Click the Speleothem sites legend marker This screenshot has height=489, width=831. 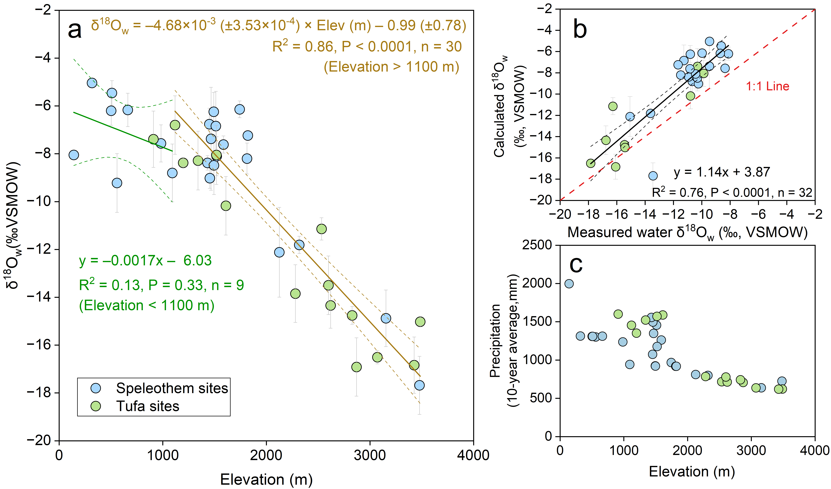tap(96, 388)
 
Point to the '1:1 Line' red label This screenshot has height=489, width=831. tap(767, 86)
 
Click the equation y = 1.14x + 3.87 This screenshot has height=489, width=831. tap(722, 172)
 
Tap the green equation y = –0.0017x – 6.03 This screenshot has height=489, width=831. tap(145, 261)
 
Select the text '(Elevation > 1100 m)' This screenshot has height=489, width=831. tap(391, 67)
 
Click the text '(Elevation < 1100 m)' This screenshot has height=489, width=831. tap(147, 306)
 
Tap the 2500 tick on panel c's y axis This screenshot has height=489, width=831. tap(537, 245)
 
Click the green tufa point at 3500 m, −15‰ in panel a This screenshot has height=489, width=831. tap(420, 322)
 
